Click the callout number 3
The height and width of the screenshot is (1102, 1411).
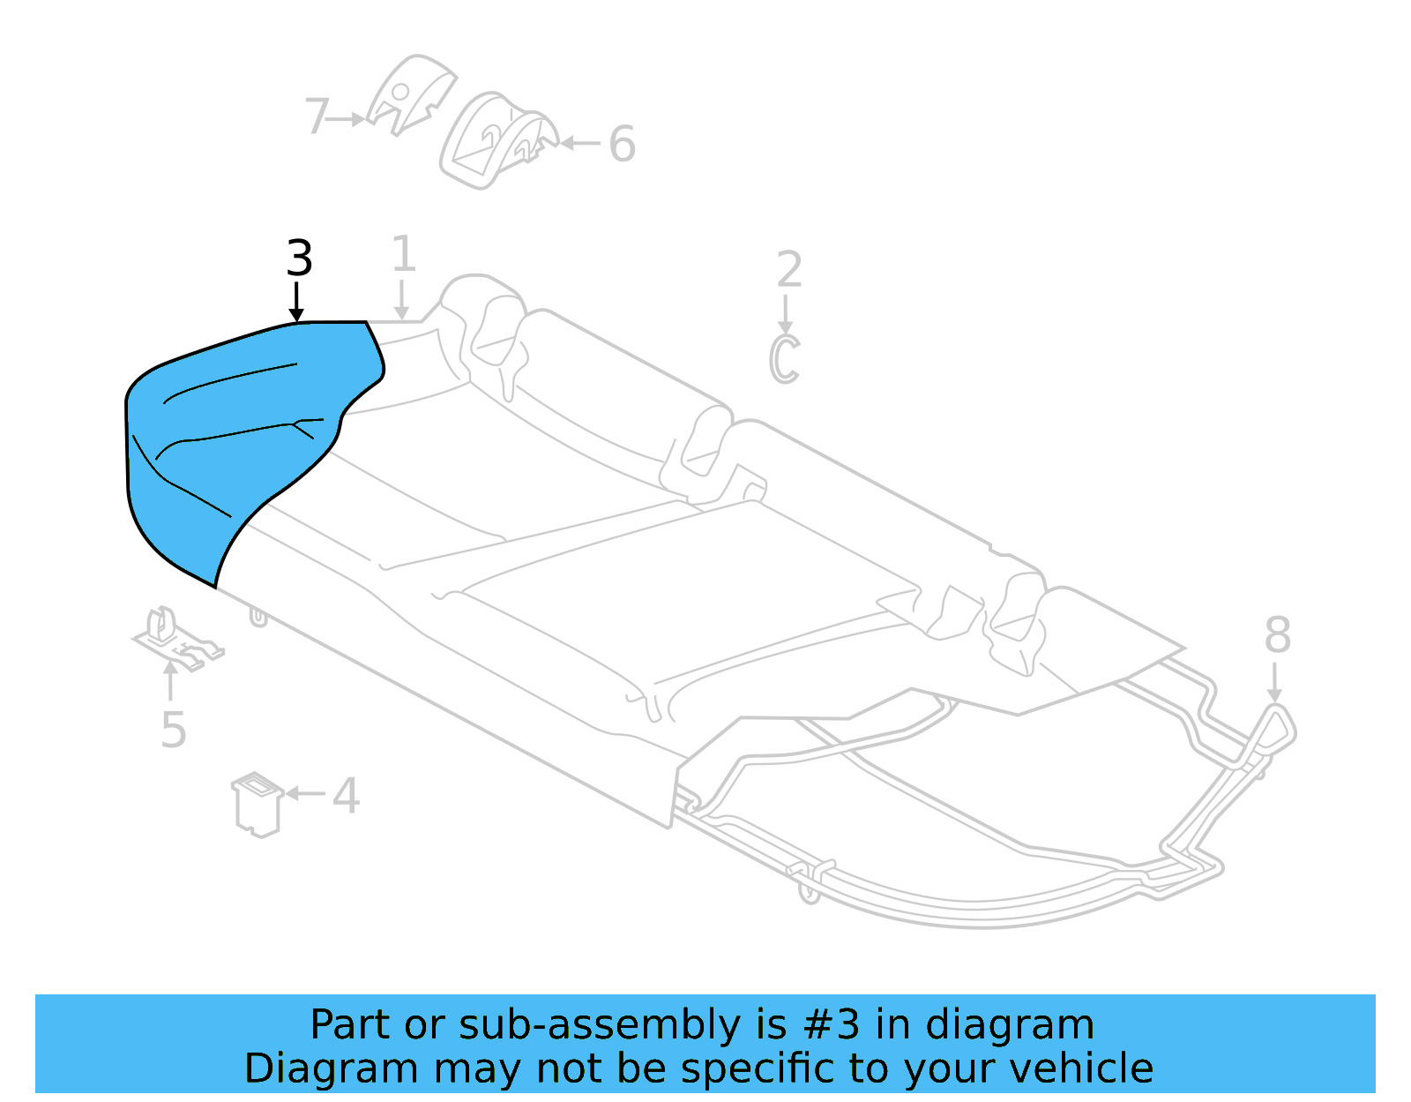[x=299, y=259]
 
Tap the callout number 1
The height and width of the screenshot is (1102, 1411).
[x=403, y=255]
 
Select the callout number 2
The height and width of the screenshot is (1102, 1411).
[x=788, y=270]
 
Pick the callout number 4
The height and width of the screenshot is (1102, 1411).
[x=346, y=796]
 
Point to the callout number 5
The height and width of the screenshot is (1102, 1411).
[x=173, y=731]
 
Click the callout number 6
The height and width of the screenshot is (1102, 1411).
[x=622, y=145]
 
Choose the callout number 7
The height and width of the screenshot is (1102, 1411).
[x=317, y=116]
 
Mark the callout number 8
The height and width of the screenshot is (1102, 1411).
[x=1277, y=635]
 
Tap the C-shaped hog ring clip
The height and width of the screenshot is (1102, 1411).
[x=784, y=359]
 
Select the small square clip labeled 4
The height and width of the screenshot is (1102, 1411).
[x=258, y=804]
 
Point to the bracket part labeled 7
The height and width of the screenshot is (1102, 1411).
[x=409, y=94]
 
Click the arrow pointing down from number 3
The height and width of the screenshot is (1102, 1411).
[x=297, y=302]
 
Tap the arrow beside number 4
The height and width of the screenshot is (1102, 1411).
[x=305, y=793]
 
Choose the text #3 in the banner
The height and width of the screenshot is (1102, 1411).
[x=832, y=1025]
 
